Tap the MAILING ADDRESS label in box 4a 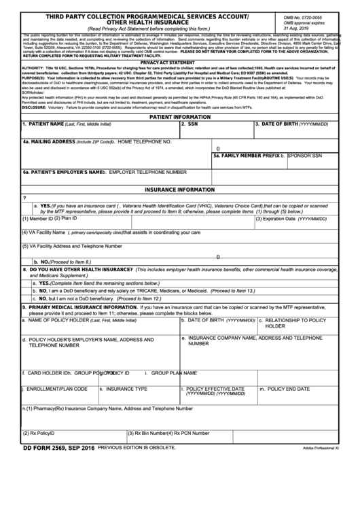(x=50, y=142)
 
